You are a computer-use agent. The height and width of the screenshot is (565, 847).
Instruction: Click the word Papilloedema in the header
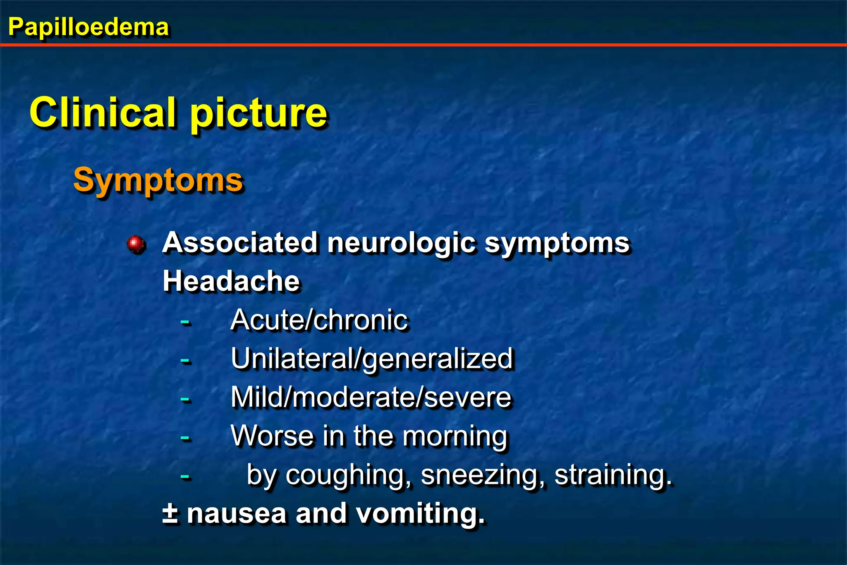tap(89, 27)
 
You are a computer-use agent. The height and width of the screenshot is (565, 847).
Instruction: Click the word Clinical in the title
tap(103, 113)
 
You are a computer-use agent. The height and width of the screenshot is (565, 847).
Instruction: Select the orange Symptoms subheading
tap(158, 180)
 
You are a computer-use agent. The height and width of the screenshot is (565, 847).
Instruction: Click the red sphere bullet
tap(136, 244)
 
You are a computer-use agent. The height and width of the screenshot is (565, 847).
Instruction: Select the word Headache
tap(231, 281)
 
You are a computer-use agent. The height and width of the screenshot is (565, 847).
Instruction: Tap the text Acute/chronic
tap(319, 320)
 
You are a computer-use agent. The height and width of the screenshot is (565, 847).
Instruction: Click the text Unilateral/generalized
tap(371, 359)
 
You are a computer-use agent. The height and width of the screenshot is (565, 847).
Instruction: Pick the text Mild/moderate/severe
tap(371, 397)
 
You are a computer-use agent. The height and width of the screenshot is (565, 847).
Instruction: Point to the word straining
tap(612, 475)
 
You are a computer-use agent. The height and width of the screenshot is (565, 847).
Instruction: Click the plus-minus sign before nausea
tap(170, 513)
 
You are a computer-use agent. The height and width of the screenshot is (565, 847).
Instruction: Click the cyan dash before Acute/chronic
tap(185, 321)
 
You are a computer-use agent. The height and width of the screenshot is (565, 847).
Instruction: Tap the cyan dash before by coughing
tap(185, 477)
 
